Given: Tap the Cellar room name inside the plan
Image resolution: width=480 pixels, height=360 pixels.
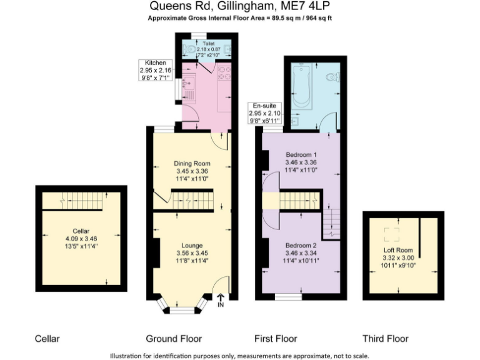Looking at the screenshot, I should click(x=81, y=231).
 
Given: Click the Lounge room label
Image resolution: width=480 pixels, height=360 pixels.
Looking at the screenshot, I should click(x=191, y=245).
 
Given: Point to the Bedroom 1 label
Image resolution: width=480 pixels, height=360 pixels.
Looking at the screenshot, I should click(x=301, y=154).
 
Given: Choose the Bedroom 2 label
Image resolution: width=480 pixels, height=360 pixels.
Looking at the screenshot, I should click(x=301, y=246).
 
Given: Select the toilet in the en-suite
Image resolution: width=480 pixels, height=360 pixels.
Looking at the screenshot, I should click(x=336, y=77).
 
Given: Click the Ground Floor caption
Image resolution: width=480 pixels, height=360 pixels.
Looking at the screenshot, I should click(x=174, y=339).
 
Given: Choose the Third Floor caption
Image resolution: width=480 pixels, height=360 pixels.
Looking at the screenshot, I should click(x=386, y=339).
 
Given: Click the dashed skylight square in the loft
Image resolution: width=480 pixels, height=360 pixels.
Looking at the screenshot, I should click(x=392, y=234).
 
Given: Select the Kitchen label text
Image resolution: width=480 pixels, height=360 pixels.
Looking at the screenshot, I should click(x=154, y=63).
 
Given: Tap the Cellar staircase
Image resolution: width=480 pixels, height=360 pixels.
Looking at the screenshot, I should click(x=81, y=202).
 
